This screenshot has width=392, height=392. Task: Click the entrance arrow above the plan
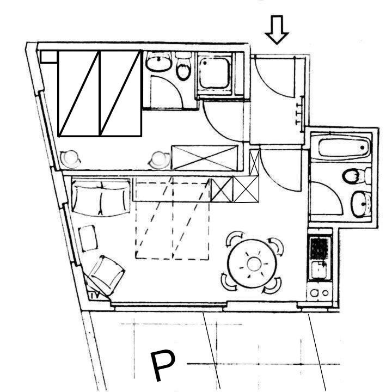(x=277, y=30)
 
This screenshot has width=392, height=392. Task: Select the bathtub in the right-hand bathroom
(x=341, y=147)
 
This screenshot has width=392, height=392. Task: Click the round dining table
(x=253, y=264)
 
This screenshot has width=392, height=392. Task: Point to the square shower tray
(x=215, y=73)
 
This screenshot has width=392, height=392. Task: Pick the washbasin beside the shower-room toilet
(x=159, y=62)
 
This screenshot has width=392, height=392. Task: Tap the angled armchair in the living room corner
(x=107, y=274)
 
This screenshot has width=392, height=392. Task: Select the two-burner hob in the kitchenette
(x=319, y=292)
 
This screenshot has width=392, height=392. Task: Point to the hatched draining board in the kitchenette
(x=319, y=249)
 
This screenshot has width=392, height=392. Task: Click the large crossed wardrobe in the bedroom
(x=204, y=158)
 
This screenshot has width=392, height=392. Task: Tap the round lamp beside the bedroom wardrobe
(x=159, y=160)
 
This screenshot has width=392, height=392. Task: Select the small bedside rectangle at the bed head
(x=49, y=57)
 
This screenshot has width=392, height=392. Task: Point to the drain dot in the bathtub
(x=362, y=148)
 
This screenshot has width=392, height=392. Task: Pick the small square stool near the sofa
(x=88, y=238)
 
